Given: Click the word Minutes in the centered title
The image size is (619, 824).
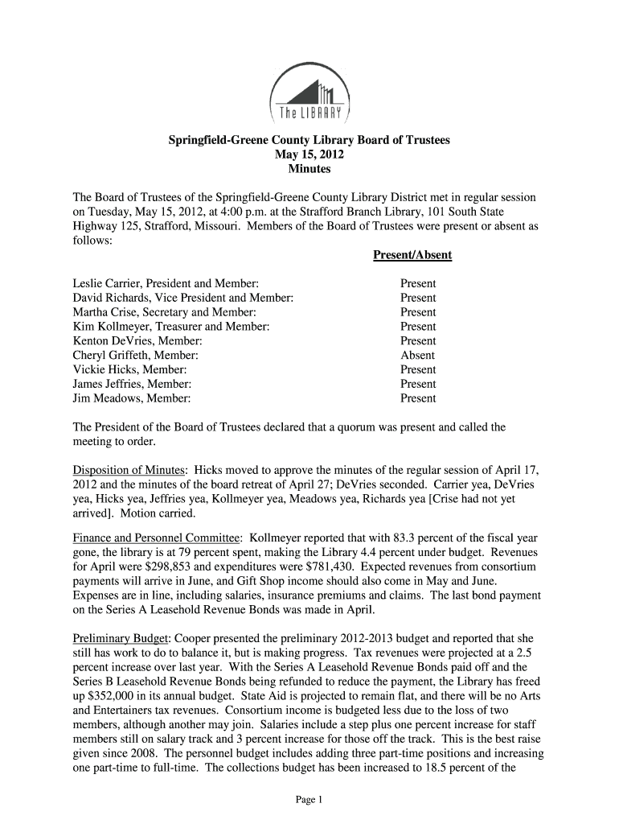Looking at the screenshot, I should coord(309,169).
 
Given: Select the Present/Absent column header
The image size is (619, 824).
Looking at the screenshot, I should coord(412,255).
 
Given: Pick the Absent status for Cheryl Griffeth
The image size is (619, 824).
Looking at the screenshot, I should coord(417,355).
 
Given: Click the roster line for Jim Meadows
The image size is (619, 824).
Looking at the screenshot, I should coord(132,398).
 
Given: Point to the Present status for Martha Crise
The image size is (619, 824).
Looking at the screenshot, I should coord(418,312).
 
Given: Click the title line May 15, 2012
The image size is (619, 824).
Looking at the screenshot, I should coord(309,154).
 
